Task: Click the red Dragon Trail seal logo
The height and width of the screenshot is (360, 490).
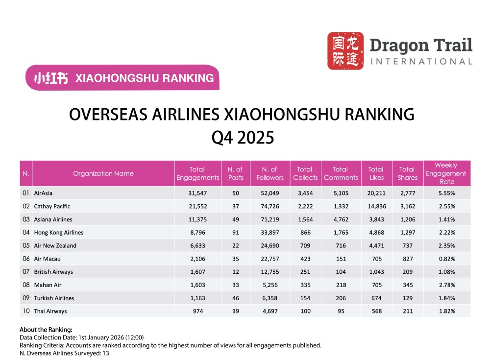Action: (x=345, y=50)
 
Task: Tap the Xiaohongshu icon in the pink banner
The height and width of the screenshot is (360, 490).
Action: (x=51, y=78)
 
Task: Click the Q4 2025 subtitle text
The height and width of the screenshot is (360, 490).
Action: (x=242, y=138)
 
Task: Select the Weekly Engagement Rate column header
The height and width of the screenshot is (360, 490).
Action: (x=446, y=173)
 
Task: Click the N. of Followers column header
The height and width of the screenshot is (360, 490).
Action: (x=269, y=173)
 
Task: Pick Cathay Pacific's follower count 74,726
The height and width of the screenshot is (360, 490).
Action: (x=269, y=206)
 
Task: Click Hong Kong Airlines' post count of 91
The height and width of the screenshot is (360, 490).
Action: (x=235, y=233)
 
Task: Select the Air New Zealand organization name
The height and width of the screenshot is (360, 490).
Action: (x=55, y=246)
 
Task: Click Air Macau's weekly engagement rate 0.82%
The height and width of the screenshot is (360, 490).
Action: (x=446, y=259)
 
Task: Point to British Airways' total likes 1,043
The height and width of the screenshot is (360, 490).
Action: (x=376, y=272)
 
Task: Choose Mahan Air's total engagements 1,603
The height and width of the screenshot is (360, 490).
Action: (x=197, y=285)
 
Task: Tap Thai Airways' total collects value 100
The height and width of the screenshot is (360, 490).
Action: (x=305, y=311)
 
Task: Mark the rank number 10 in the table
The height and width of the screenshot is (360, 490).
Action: (x=26, y=311)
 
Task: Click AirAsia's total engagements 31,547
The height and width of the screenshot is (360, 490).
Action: (x=197, y=193)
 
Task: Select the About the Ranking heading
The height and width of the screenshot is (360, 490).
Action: (x=46, y=330)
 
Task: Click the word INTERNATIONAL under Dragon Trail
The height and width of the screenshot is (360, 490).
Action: (x=421, y=62)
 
